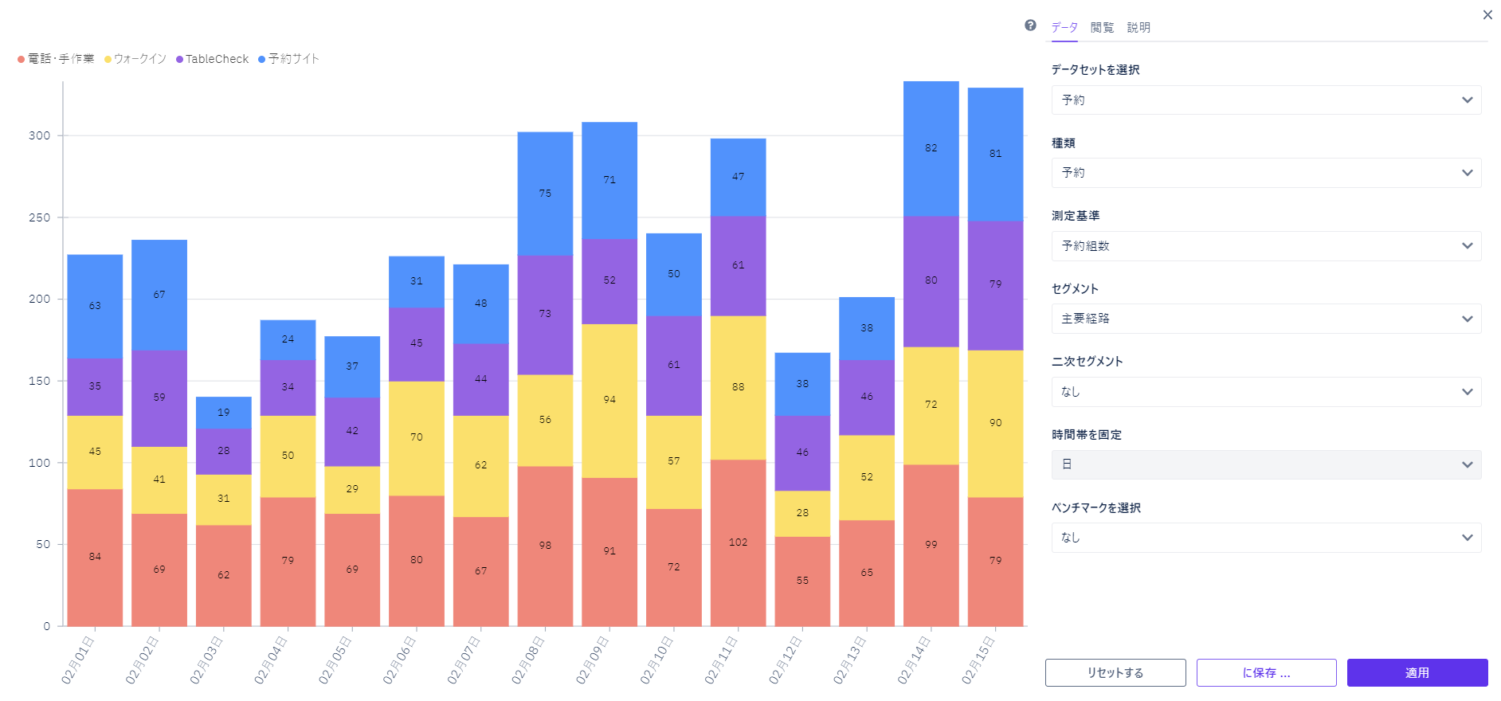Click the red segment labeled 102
pyautogui.click(x=738, y=542)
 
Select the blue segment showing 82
pyautogui.click(x=931, y=148)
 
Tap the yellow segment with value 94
pyautogui.click(x=609, y=400)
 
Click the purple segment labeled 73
pyautogui.click(x=545, y=314)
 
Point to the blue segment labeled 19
pyautogui.click(x=224, y=413)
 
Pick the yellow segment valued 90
pyautogui.click(x=995, y=423)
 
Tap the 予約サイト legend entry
pyautogui.click(x=292, y=59)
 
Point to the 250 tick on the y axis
pyautogui.click(x=39, y=217)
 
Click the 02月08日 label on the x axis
pyautogui.click(x=527, y=660)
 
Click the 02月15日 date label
pyautogui.click(x=978, y=660)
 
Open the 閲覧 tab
pyautogui.click(x=1102, y=28)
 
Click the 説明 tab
pyautogui.click(x=1138, y=28)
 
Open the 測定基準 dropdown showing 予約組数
pyautogui.click(x=1266, y=246)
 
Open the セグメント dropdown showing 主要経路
pyautogui.click(x=1266, y=319)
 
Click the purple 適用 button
pyautogui.click(x=1417, y=673)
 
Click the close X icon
pyautogui.click(x=1487, y=15)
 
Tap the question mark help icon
pyautogui.click(x=1030, y=25)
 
